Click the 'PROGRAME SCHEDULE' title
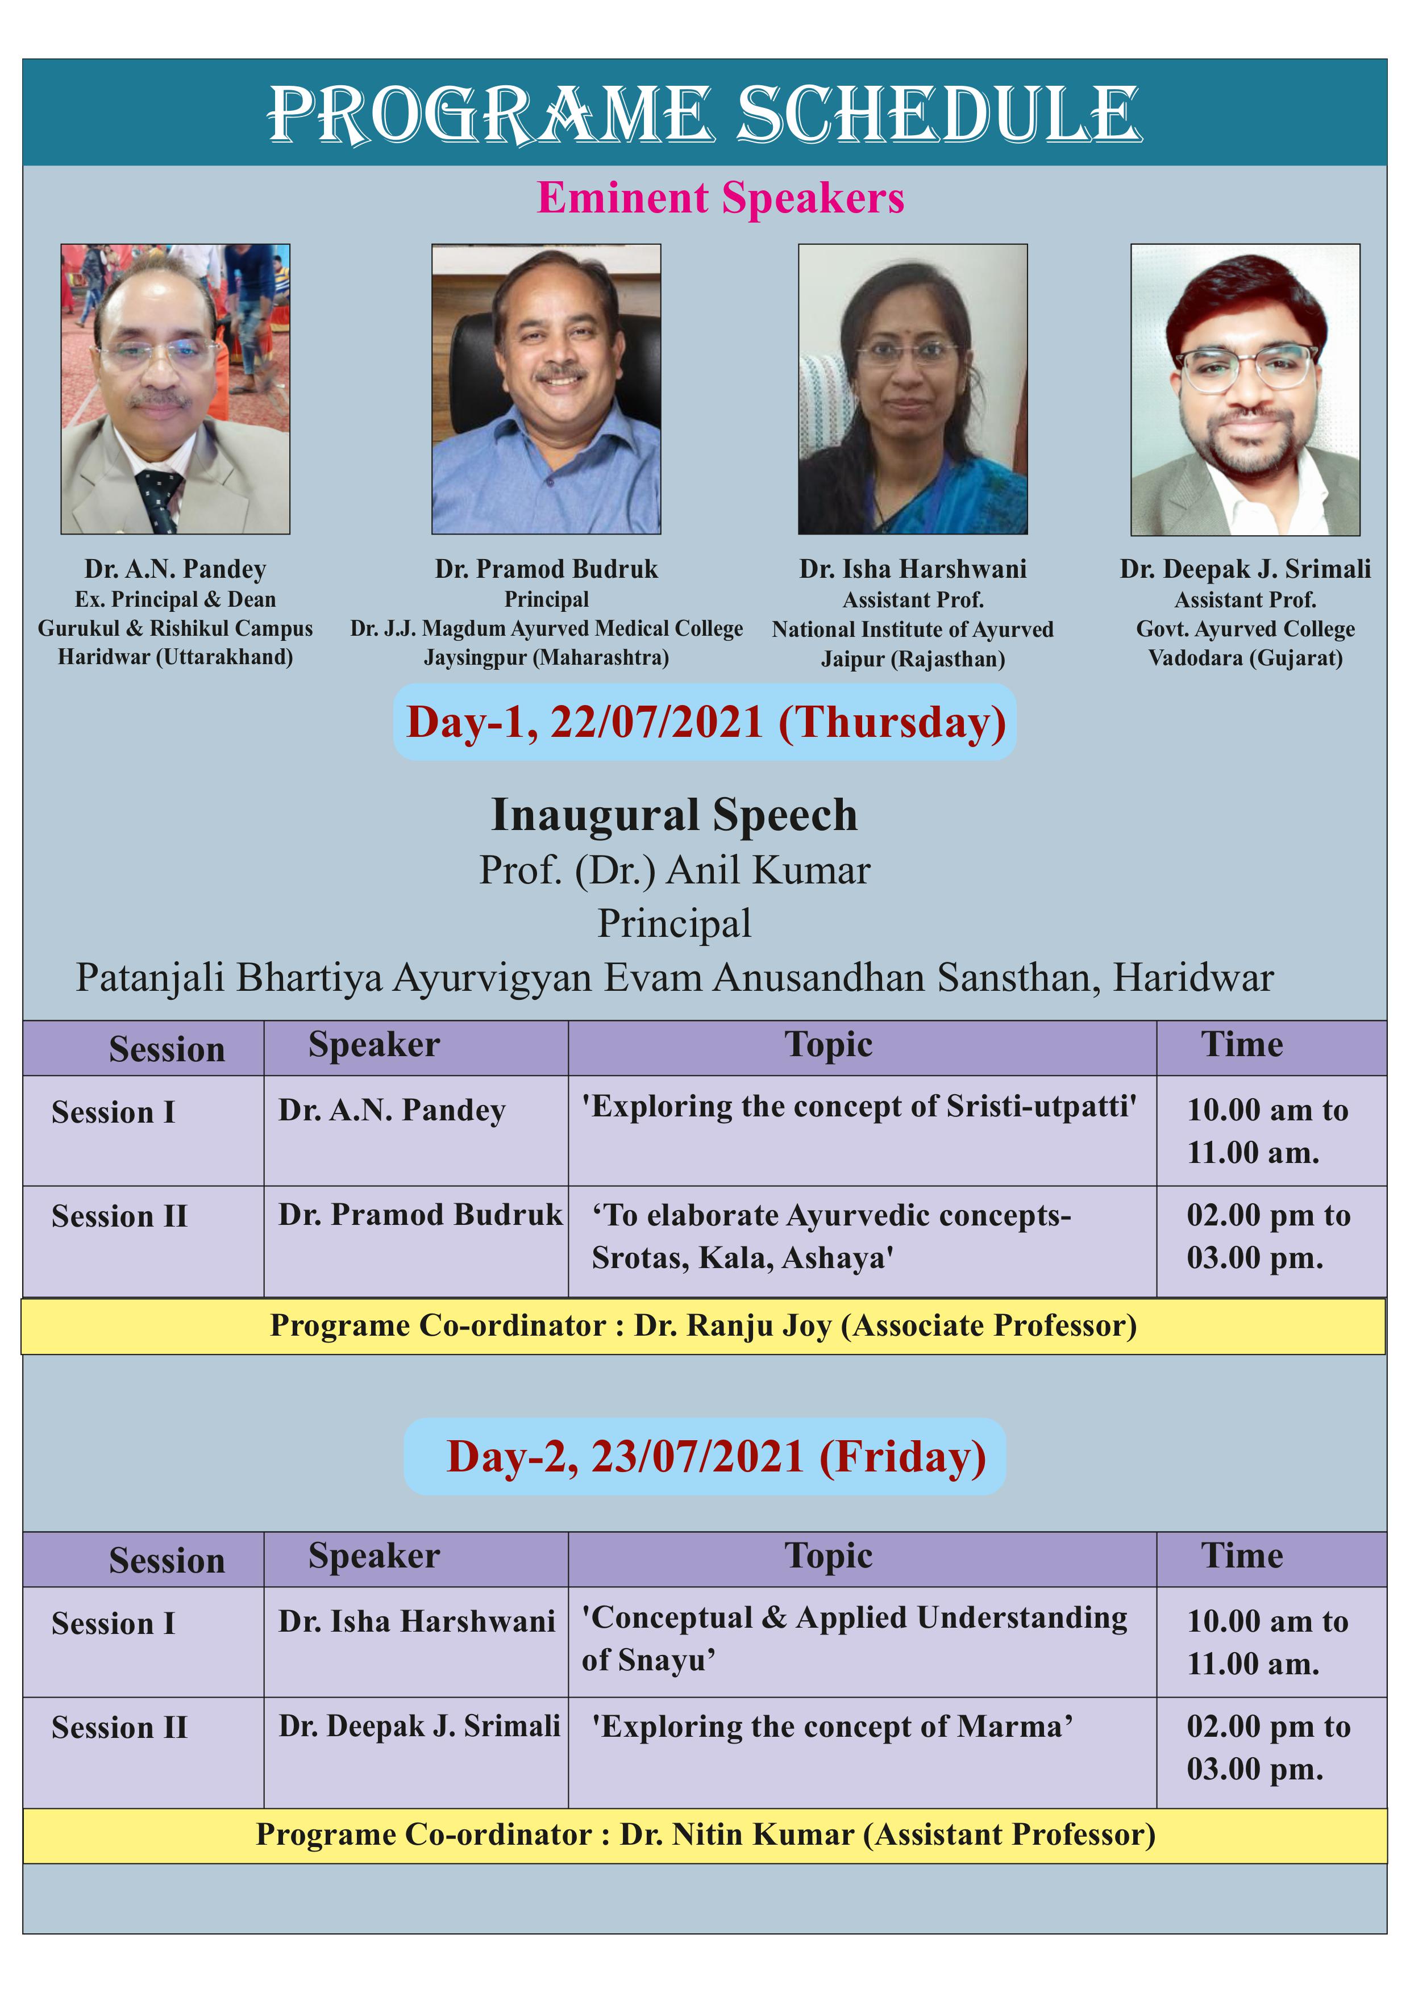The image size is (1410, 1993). pyautogui.click(x=704, y=114)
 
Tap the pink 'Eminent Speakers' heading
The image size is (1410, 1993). pyautogui.click(x=721, y=198)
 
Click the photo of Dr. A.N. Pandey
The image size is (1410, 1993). pyautogui.click(x=176, y=389)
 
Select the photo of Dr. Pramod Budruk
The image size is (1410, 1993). pyautogui.click(x=546, y=389)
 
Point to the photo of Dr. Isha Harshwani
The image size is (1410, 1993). pyautogui.click(x=913, y=389)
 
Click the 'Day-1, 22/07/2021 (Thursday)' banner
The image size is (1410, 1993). pyautogui.click(x=705, y=722)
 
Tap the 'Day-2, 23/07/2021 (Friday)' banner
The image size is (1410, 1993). pyautogui.click(x=705, y=1457)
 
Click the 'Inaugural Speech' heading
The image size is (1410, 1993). pyautogui.click(x=675, y=815)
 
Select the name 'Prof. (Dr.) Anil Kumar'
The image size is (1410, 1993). pyautogui.click(x=675, y=870)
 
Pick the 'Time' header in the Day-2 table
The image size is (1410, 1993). pyautogui.click(x=1242, y=1556)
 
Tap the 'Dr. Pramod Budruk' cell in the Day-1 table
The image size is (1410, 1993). pyautogui.click(x=420, y=1214)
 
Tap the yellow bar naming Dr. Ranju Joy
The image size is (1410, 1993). pyautogui.click(x=703, y=1325)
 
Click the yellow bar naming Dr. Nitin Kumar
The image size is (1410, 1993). pyautogui.click(x=705, y=1835)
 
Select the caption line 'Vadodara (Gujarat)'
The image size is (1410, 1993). pyautogui.click(x=1245, y=658)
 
